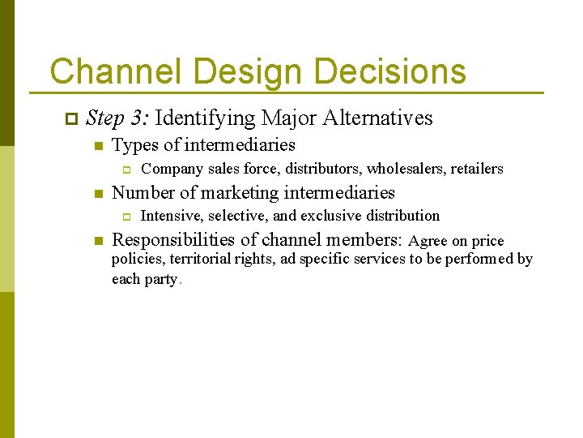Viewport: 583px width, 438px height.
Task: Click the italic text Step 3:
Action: (117, 118)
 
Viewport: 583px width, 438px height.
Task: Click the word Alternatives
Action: (377, 118)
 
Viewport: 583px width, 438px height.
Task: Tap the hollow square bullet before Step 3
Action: (70, 119)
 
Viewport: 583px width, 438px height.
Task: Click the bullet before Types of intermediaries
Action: (97, 147)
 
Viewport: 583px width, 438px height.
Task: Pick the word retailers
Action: (477, 169)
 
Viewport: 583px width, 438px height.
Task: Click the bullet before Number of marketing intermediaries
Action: (97, 194)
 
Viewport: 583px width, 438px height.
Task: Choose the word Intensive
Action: (171, 216)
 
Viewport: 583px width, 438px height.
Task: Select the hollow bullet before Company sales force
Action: (126, 170)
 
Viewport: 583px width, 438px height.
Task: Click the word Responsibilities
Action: (174, 240)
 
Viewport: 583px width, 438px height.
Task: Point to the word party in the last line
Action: (160, 279)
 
